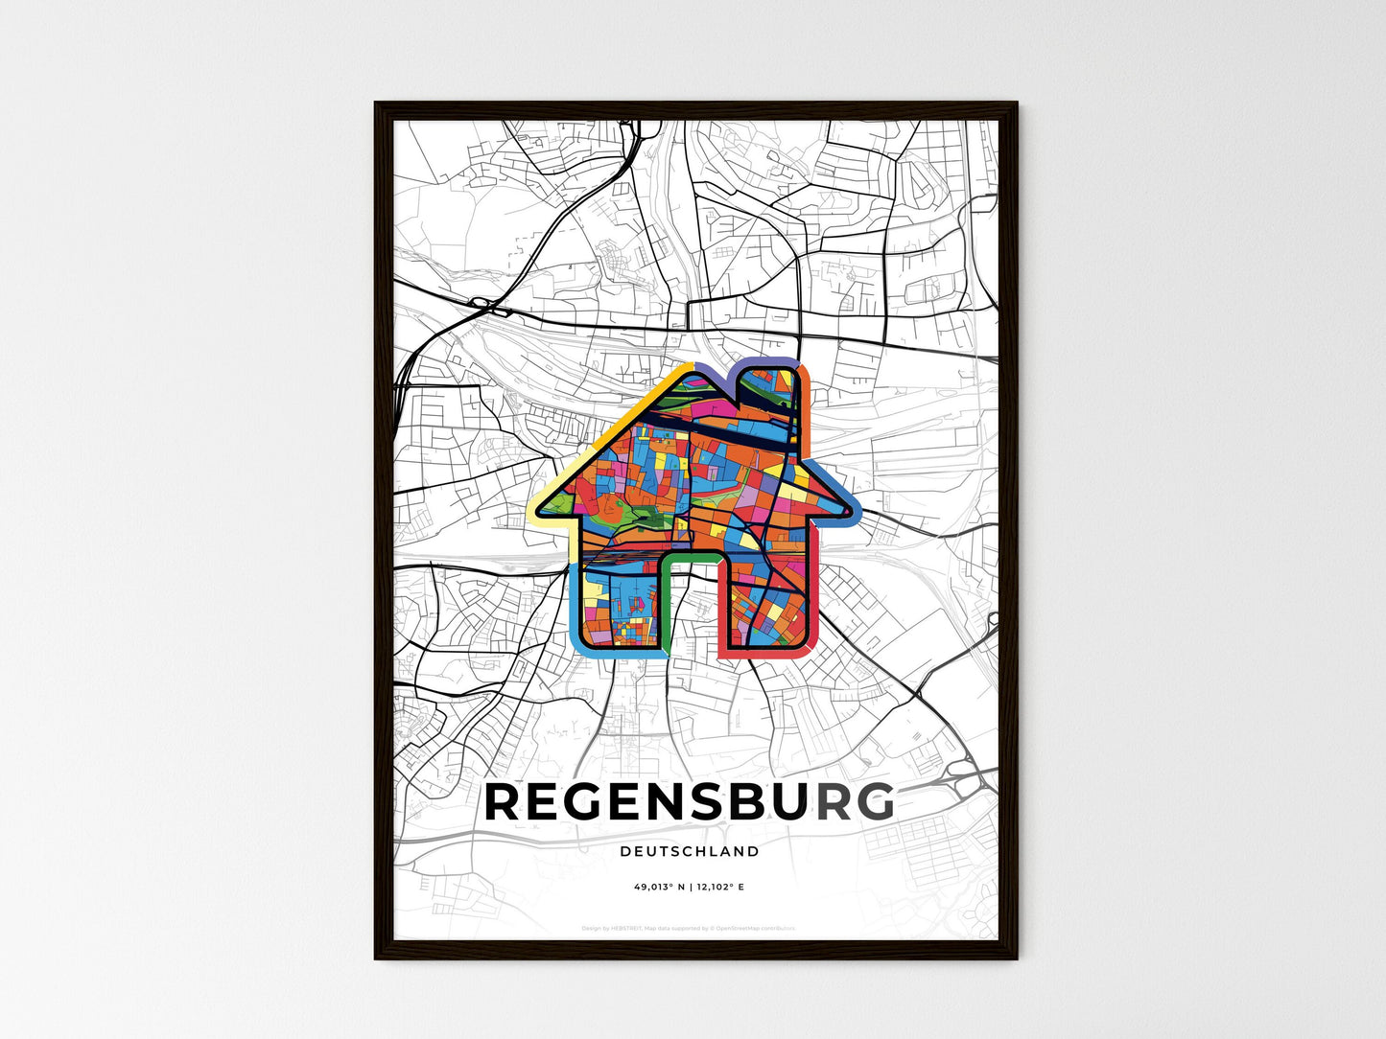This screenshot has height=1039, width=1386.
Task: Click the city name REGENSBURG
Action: (x=689, y=803)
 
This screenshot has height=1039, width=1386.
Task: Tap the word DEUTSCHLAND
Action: (x=689, y=851)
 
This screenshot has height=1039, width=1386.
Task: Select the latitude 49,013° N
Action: (x=658, y=888)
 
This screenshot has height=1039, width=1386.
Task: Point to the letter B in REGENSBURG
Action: (x=743, y=803)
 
